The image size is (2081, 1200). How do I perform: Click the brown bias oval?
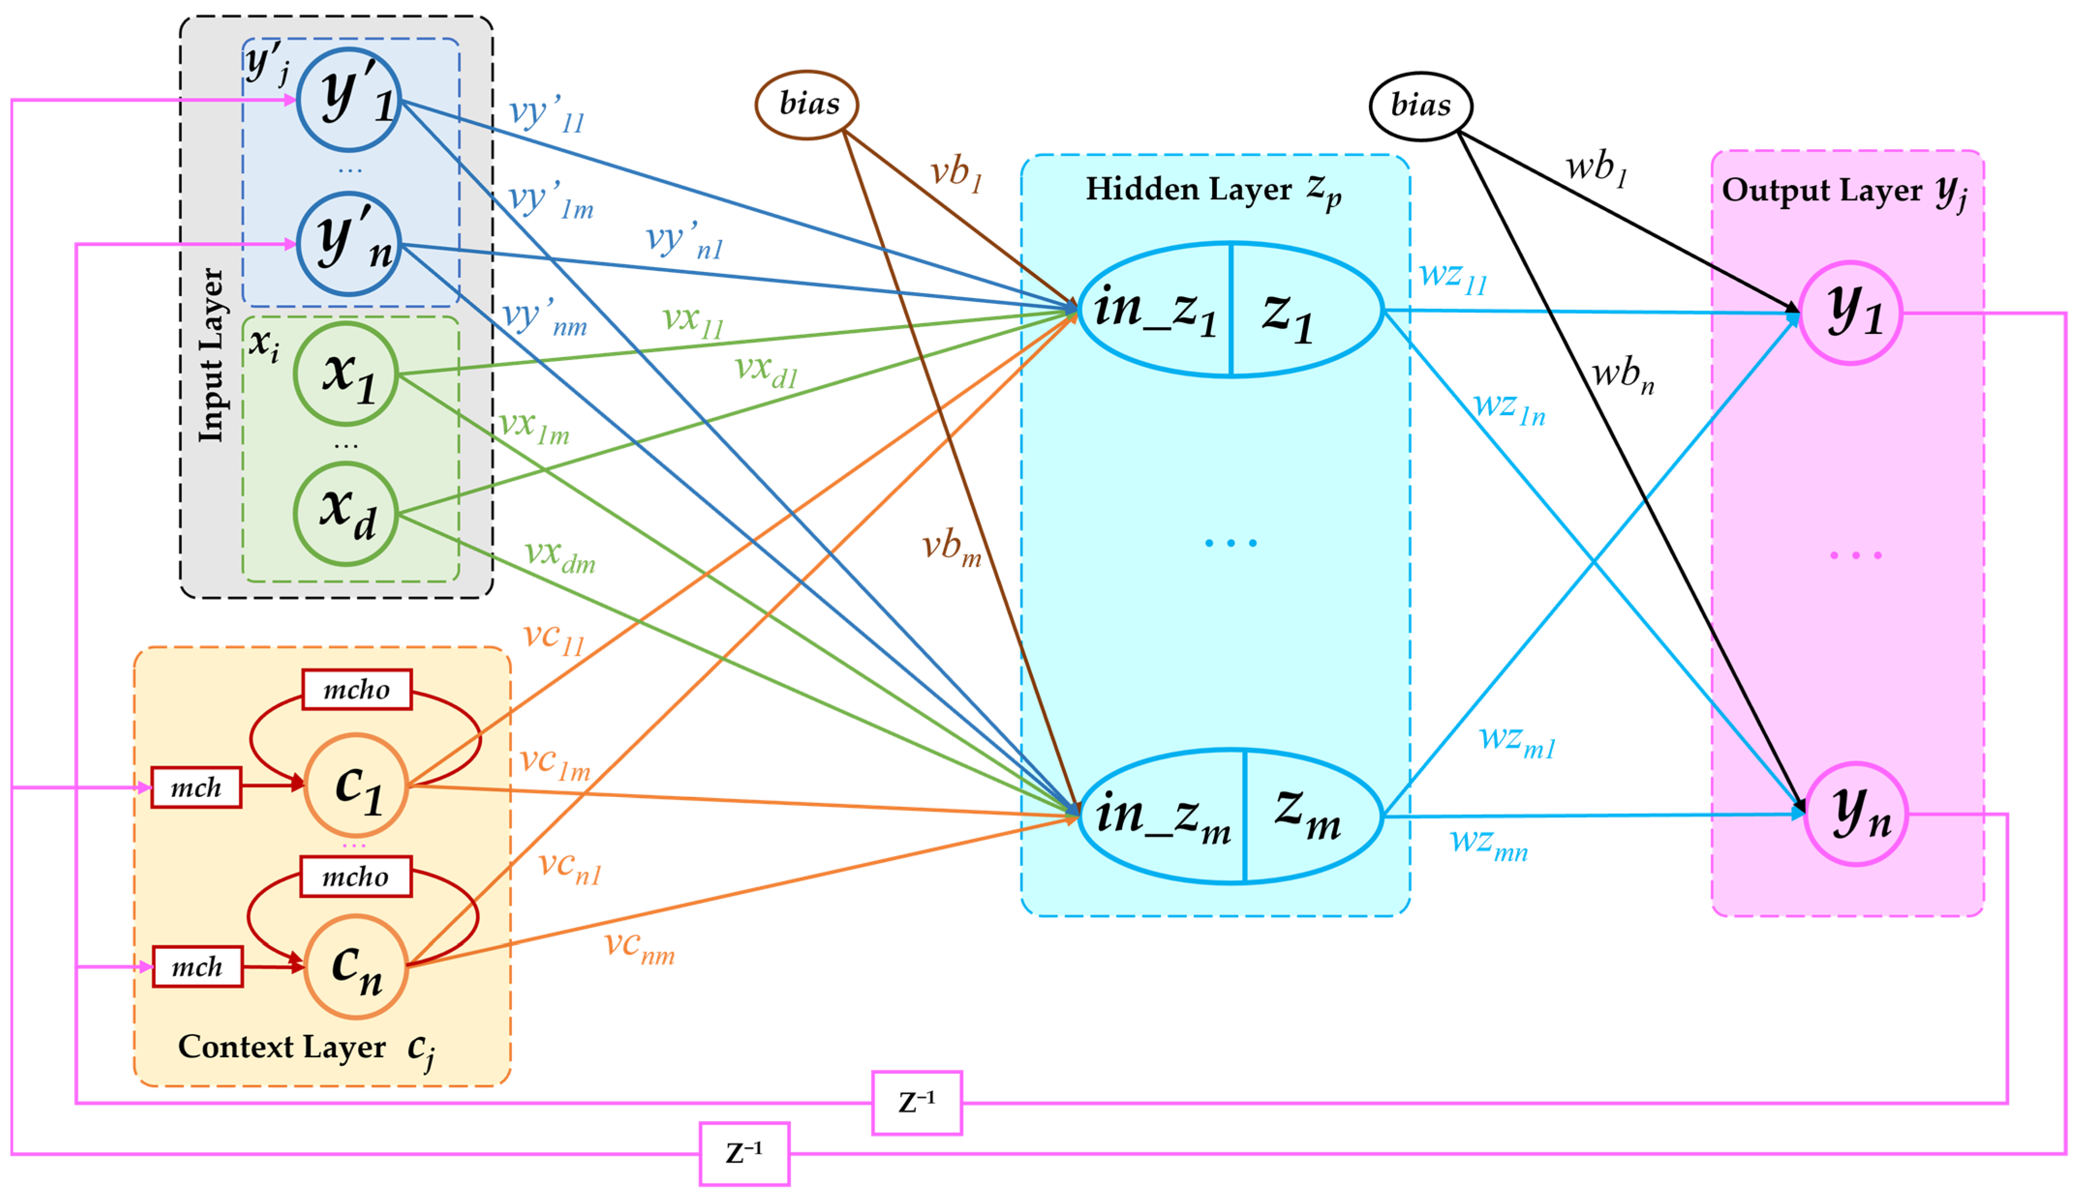point(806,105)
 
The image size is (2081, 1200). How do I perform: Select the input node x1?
point(346,374)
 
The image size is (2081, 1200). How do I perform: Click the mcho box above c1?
point(357,689)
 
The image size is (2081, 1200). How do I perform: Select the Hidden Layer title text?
point(1212,190)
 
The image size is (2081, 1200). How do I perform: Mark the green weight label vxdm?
point(560,556)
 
